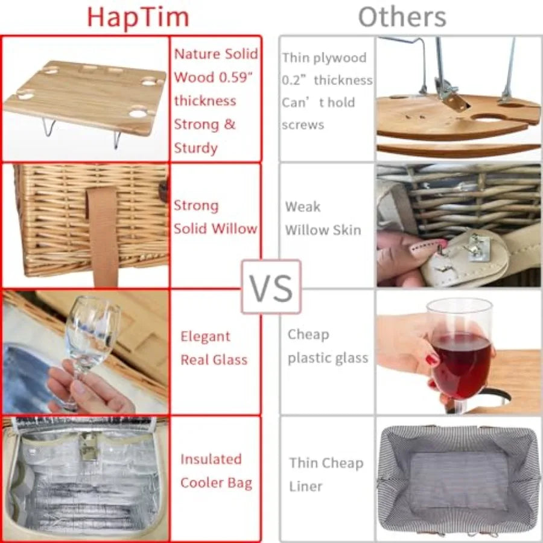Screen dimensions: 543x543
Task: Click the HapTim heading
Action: pyautogui.click(x=138, y=17)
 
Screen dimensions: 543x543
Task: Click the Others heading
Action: pyautogui.click(x=402, y=17)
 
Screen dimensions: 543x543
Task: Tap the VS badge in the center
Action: pyautogui.click(x=271, y=287)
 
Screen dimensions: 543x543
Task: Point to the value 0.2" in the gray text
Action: pyautogui.click(x=294, y=80)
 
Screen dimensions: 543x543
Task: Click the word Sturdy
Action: pyautogui.click(x=195, y=148)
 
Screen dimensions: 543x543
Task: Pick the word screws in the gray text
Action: pyautogui.click(x=303, y=125)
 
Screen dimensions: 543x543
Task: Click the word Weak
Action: pyautogui.click(x=303, y=207)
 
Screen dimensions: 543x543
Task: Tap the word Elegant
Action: pyautogui.click(x=205, y=337)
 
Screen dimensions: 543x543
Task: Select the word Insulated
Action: pyautogui.click(x=211, y=459)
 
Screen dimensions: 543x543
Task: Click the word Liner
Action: pyautogui.click(x=305, y=486)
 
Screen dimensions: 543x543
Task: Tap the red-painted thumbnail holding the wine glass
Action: pyautogui.click(x=432, y=361)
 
